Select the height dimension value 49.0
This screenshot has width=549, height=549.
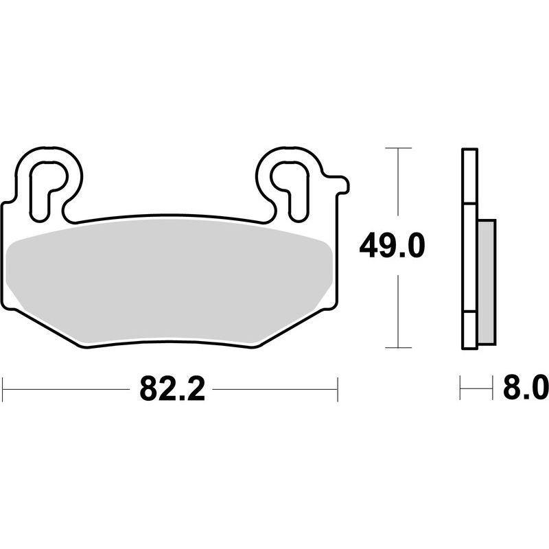pos(392,246)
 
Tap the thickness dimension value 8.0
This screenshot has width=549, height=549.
pos(526,389)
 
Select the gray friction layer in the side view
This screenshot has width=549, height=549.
pos(484,281)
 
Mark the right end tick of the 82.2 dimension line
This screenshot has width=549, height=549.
pos(338,389)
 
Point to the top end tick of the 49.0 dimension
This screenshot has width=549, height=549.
pos(398,148)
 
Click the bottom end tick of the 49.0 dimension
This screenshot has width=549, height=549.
pos(398,347)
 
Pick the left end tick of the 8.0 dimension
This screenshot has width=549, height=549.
pos(461,389)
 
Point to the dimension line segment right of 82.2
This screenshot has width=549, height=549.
pos(274,389)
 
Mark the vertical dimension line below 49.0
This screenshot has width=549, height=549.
pos(398,309)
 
